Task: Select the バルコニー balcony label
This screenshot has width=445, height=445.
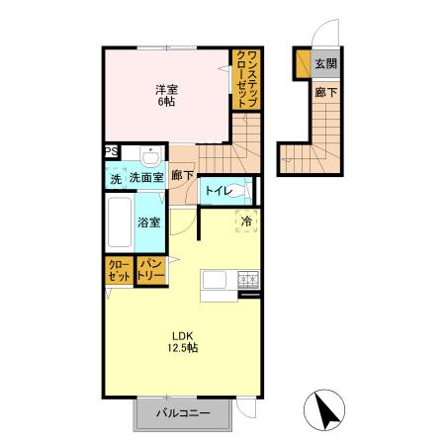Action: [183, 414]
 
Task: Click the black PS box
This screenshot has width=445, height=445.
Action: [111, 151]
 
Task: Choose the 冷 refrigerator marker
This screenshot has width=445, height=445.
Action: [246, 222]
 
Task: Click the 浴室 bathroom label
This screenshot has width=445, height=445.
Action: [149, 222]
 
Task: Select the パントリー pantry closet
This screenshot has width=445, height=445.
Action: [149, 270]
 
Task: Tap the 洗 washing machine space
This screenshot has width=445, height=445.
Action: [116, 179]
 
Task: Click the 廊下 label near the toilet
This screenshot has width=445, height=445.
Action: [182, 176]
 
